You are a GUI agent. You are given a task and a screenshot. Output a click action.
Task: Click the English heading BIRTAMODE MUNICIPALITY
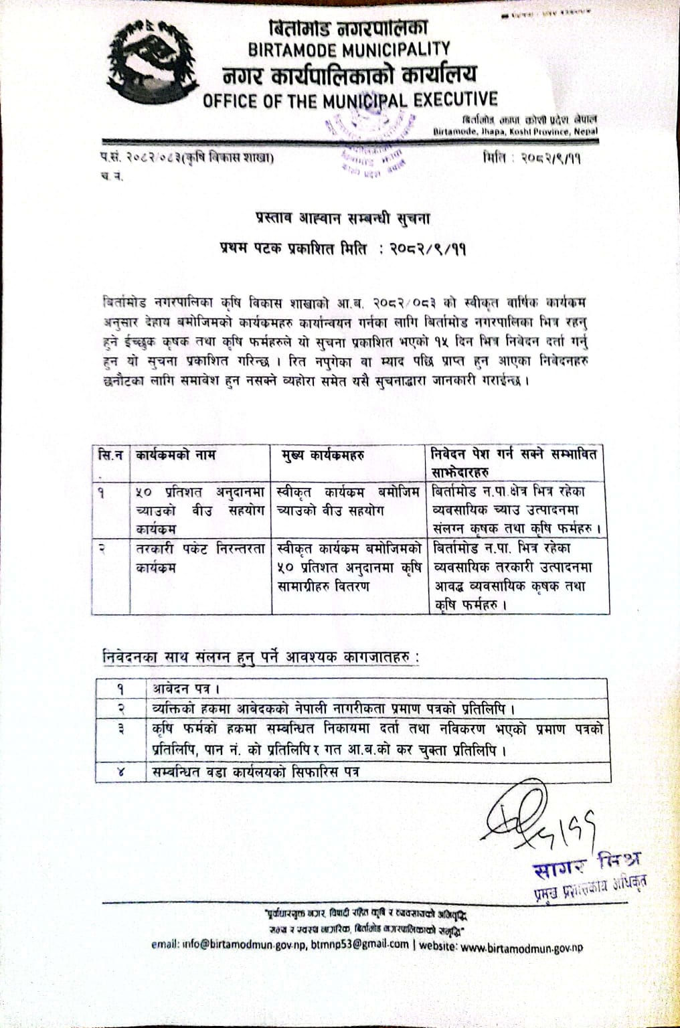(x=349, y=50)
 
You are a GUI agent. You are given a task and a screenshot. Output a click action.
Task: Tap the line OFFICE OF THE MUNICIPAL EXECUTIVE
(x=350, y=100)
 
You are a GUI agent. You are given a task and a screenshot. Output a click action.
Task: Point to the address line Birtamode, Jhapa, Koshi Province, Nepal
(x=515, y=132)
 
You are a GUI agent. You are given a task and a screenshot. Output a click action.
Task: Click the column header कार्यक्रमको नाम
(x=175, y=456)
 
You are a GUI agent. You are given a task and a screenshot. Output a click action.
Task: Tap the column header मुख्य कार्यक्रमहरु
(x=322, y=456)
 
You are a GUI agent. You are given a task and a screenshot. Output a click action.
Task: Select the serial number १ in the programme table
(x=101, y=491)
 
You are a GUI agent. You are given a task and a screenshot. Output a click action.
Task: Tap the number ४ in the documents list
(x=121, y=772)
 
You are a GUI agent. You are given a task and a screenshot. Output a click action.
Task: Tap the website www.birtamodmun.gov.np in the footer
(x=521, y=947)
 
